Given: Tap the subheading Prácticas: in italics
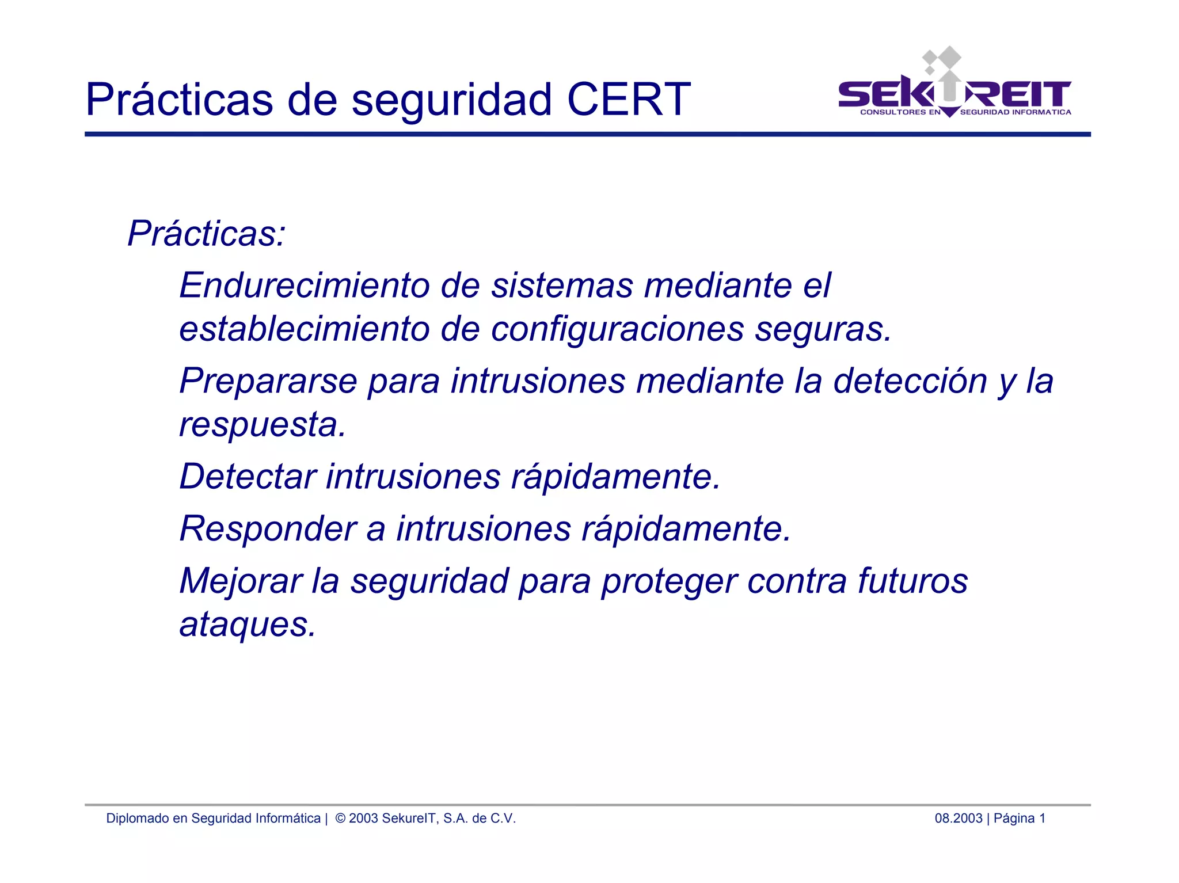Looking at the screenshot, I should point(206,234).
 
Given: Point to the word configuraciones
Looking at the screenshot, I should point(617,329).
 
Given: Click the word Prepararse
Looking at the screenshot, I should point(268,381).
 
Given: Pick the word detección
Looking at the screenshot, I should point(910,381).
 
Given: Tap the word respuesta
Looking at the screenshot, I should point(262,425).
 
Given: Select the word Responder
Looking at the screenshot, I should point(268,528).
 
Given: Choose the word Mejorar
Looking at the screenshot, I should point(241,580).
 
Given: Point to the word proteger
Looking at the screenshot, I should point(669,581).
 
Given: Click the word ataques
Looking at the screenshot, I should point(248,625).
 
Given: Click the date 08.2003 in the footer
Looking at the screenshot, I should point(958,818).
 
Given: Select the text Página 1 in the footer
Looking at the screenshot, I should point(1020,818).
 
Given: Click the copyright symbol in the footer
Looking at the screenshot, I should point(340,818).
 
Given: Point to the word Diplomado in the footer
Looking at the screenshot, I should point(138,818).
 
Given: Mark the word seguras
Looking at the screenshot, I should point(823,329).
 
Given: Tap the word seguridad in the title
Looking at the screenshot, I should point(452,100).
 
